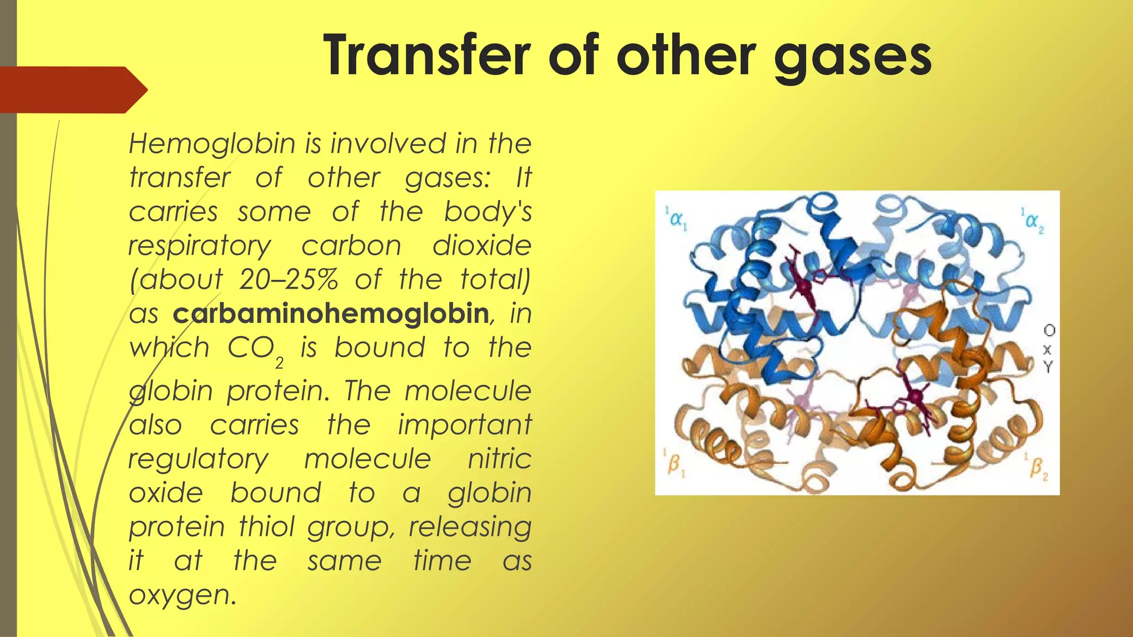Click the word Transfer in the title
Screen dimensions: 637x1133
point(427,55)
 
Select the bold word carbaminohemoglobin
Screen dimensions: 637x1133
point(330,314)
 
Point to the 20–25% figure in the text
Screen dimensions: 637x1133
point(288,280)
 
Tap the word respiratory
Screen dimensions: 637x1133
point(200,247)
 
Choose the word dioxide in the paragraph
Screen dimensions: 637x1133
point(481,246)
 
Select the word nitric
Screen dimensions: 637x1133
point(499,459)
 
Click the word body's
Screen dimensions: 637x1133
point(487,212)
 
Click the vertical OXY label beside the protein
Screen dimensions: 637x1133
point(1048,348)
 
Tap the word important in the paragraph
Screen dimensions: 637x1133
point(464,425)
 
